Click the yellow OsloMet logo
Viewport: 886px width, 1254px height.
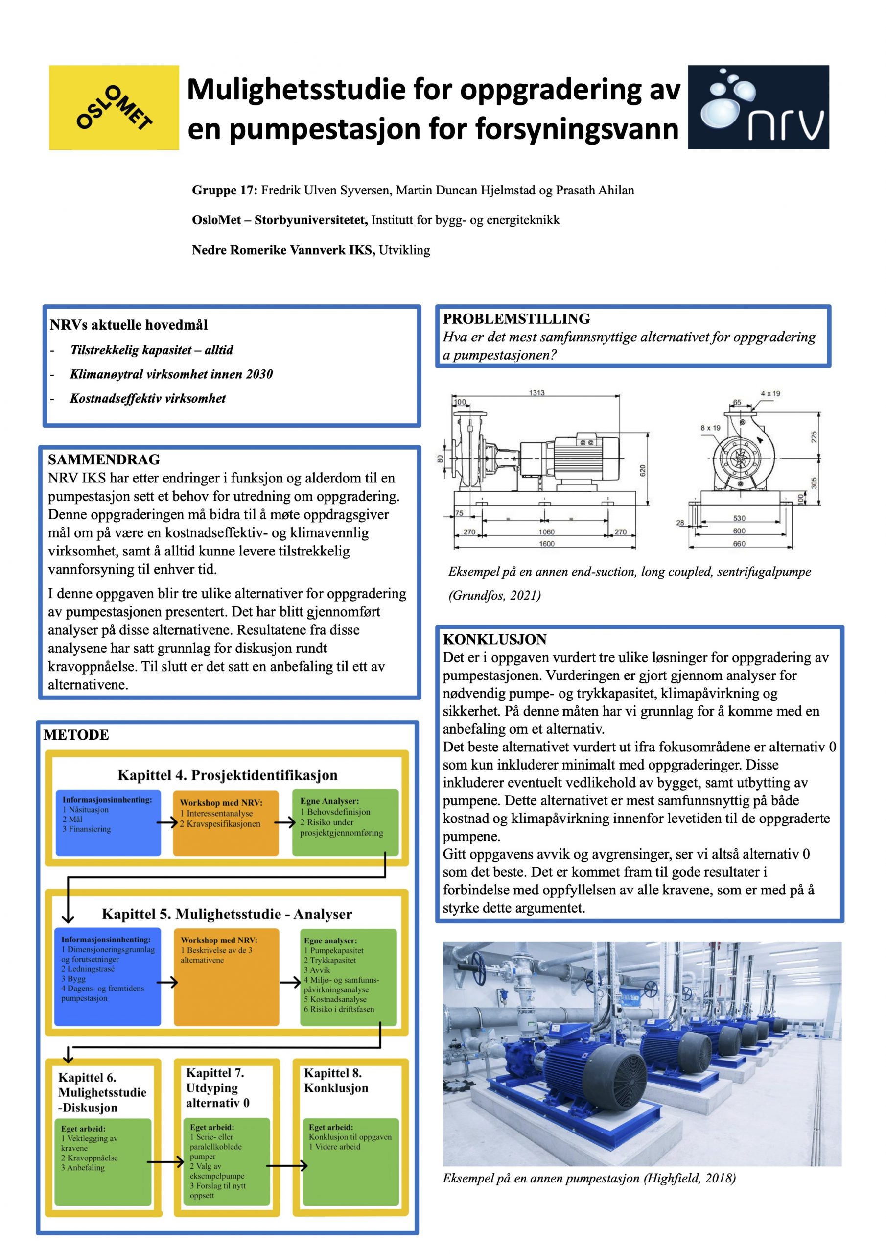[114, 107]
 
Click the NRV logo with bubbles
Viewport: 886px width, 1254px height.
[758, 107]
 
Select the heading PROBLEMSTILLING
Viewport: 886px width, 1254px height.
[516, 319]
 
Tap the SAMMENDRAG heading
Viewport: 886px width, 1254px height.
[104, 459]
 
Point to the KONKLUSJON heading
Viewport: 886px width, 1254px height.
[494, 640]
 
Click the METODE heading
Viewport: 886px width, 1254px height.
[76, 735]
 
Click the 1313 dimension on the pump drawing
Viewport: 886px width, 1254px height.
[536, 393]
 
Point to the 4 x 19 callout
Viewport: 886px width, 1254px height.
[770, 393]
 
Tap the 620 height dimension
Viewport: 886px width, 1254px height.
[643, 470]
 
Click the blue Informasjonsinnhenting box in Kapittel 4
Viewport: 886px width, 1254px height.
[108, 822]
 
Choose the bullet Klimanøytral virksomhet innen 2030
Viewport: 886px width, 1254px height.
[171, 374]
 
